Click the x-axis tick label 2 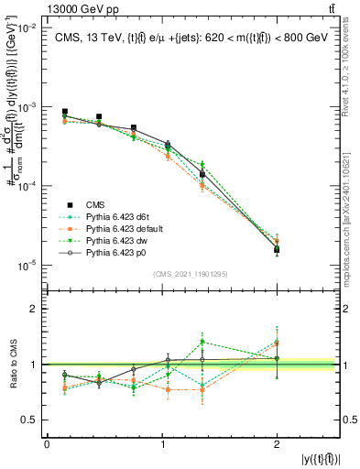tap(278, 444)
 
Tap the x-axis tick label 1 tap(162, 444)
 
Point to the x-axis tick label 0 tap(47, 444)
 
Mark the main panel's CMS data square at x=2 tap(277, 249)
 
